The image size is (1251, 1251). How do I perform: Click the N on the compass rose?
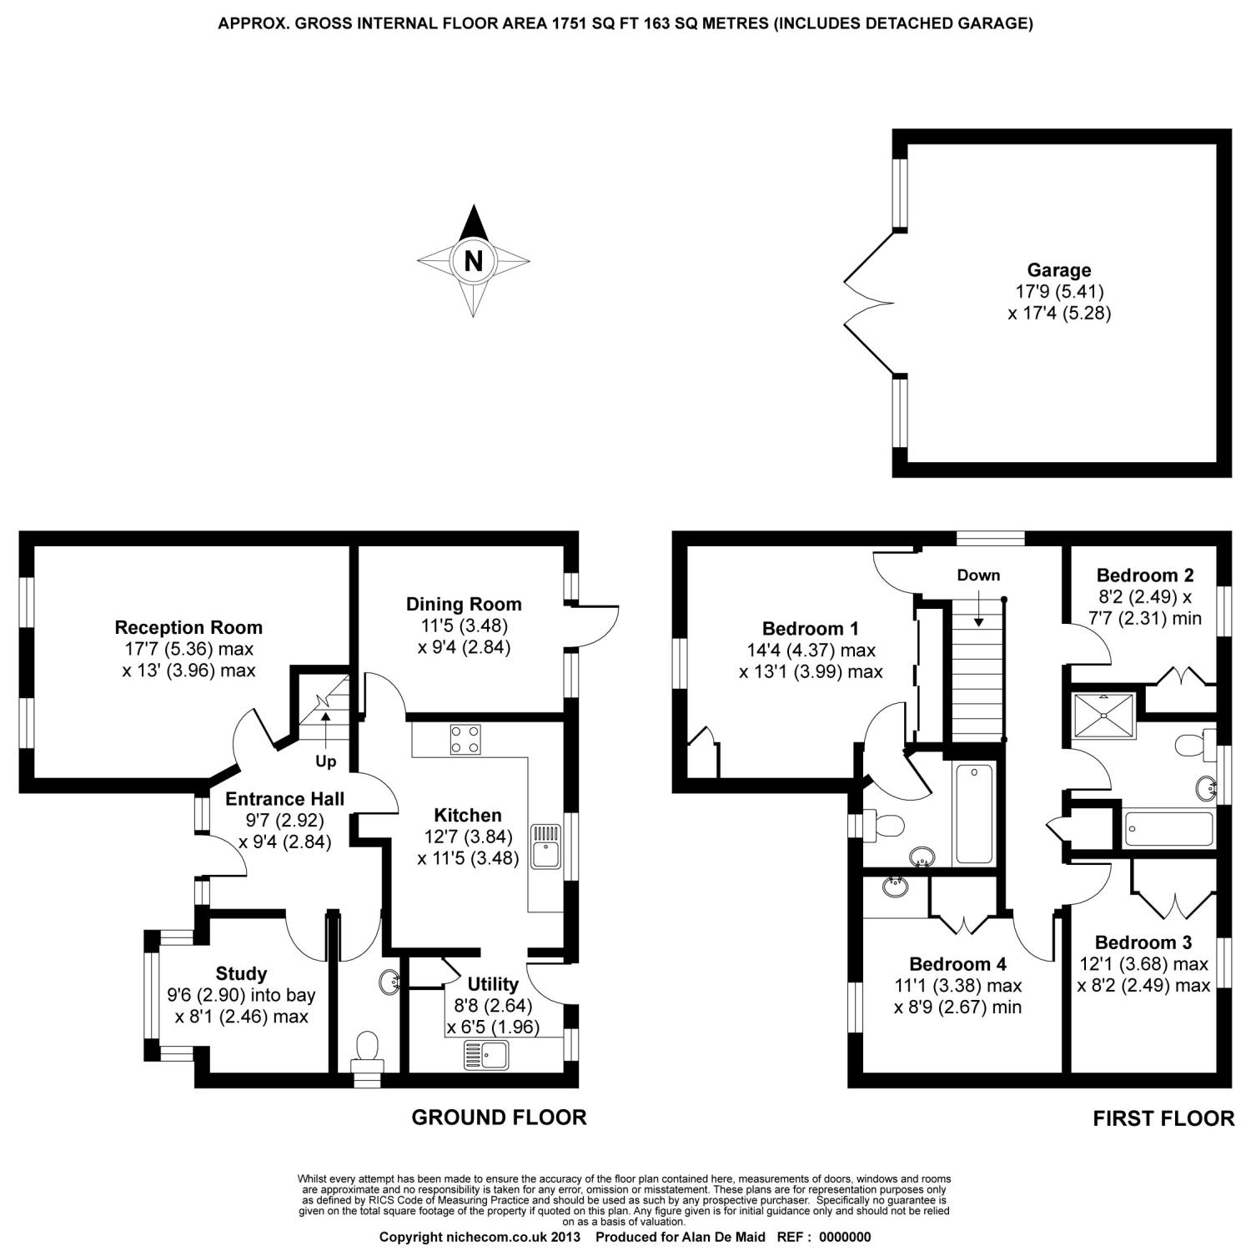[473, 262]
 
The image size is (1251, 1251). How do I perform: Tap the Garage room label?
[1058, 270]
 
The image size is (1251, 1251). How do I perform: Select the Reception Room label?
[188, 627]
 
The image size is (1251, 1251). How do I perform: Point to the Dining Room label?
[464, 604]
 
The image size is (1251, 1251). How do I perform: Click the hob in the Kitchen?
[465, 739]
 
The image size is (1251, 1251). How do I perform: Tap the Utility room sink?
[485, 1055]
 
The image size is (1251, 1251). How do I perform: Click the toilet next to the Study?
[366, 1051]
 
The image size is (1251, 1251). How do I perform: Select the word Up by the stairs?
[325, 761]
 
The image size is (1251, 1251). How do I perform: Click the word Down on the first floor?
[978, 575]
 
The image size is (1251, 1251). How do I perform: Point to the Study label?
[241, 973]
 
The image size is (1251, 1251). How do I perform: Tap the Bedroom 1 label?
[810, 628]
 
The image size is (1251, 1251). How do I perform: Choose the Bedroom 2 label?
[1144, 575]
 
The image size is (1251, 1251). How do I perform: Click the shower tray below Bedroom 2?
[1103, 714]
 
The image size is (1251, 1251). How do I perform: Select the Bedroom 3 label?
[1143, 942]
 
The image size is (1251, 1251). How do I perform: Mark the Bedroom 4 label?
[957, 964]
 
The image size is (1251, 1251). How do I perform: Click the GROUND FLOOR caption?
[499, 1118]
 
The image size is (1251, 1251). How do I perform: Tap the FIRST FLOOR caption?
[1163, 1118]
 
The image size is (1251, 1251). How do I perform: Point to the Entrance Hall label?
[284, 798]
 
